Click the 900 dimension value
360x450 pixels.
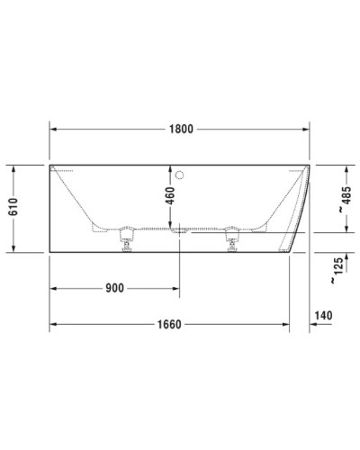114,288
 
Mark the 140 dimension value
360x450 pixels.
325,316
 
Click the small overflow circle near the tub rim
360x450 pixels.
180,174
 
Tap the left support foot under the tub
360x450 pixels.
125,240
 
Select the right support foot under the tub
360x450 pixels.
232,240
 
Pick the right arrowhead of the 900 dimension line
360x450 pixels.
175,288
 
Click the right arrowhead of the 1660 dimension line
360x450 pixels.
285,323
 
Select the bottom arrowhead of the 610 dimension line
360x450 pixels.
13,249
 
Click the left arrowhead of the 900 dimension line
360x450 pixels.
52,288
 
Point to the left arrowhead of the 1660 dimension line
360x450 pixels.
52,323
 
